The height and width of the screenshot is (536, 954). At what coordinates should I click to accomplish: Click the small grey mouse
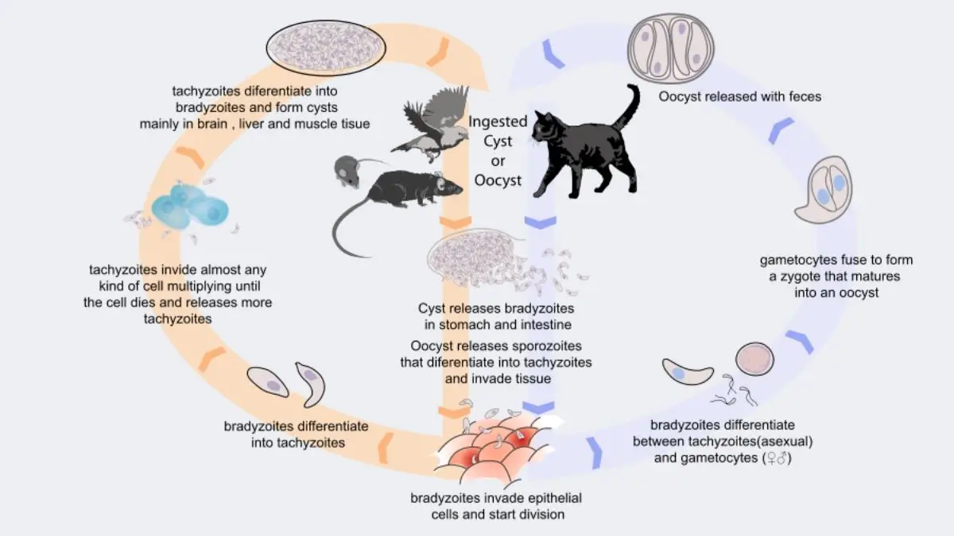point(347,170)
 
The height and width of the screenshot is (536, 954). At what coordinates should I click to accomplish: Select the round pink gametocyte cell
point(754,358)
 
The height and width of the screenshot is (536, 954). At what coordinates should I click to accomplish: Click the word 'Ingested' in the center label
point(498,122)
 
